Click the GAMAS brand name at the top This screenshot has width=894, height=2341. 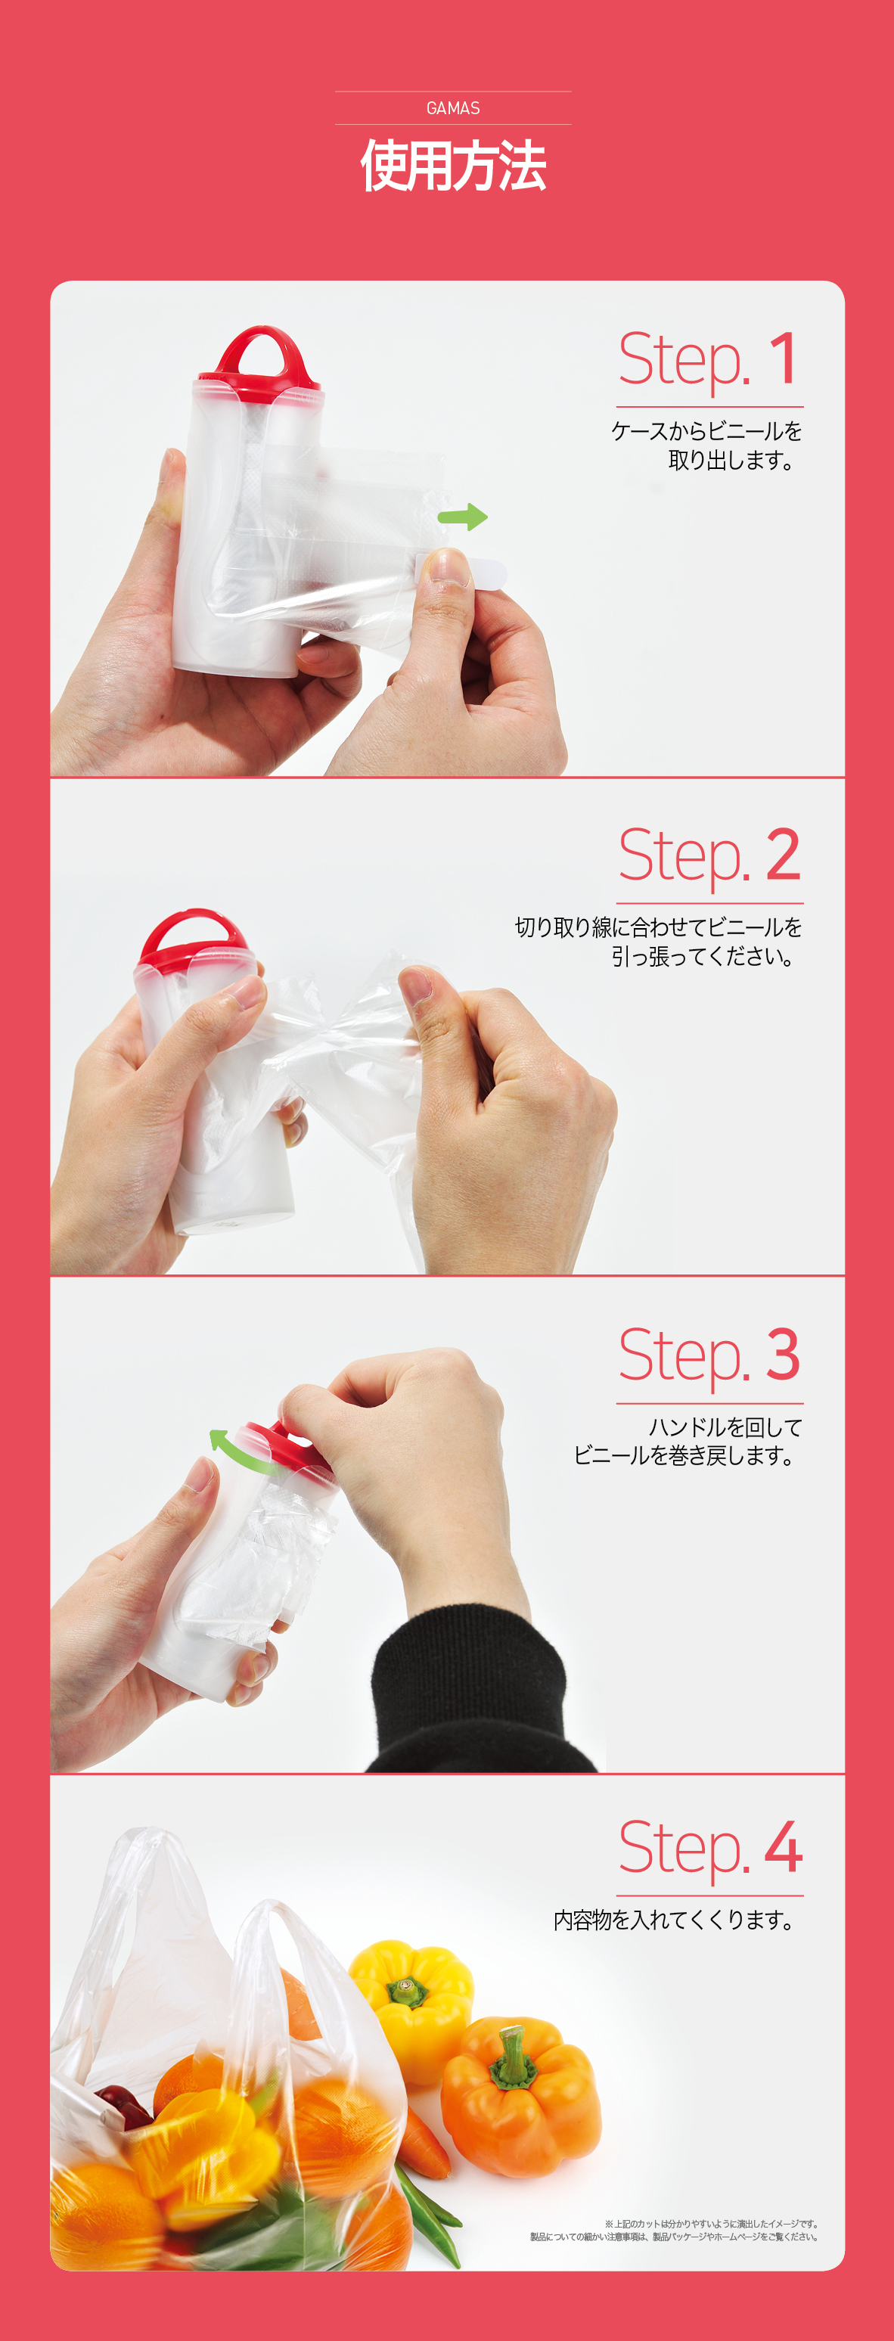point(453,108)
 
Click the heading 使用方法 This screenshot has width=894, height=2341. point(453,166)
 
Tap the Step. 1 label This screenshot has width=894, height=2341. point(709,359)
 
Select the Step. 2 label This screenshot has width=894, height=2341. point(709,855)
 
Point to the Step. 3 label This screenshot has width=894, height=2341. point(709,1354)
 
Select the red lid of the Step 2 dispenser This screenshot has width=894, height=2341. point(194,942)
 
